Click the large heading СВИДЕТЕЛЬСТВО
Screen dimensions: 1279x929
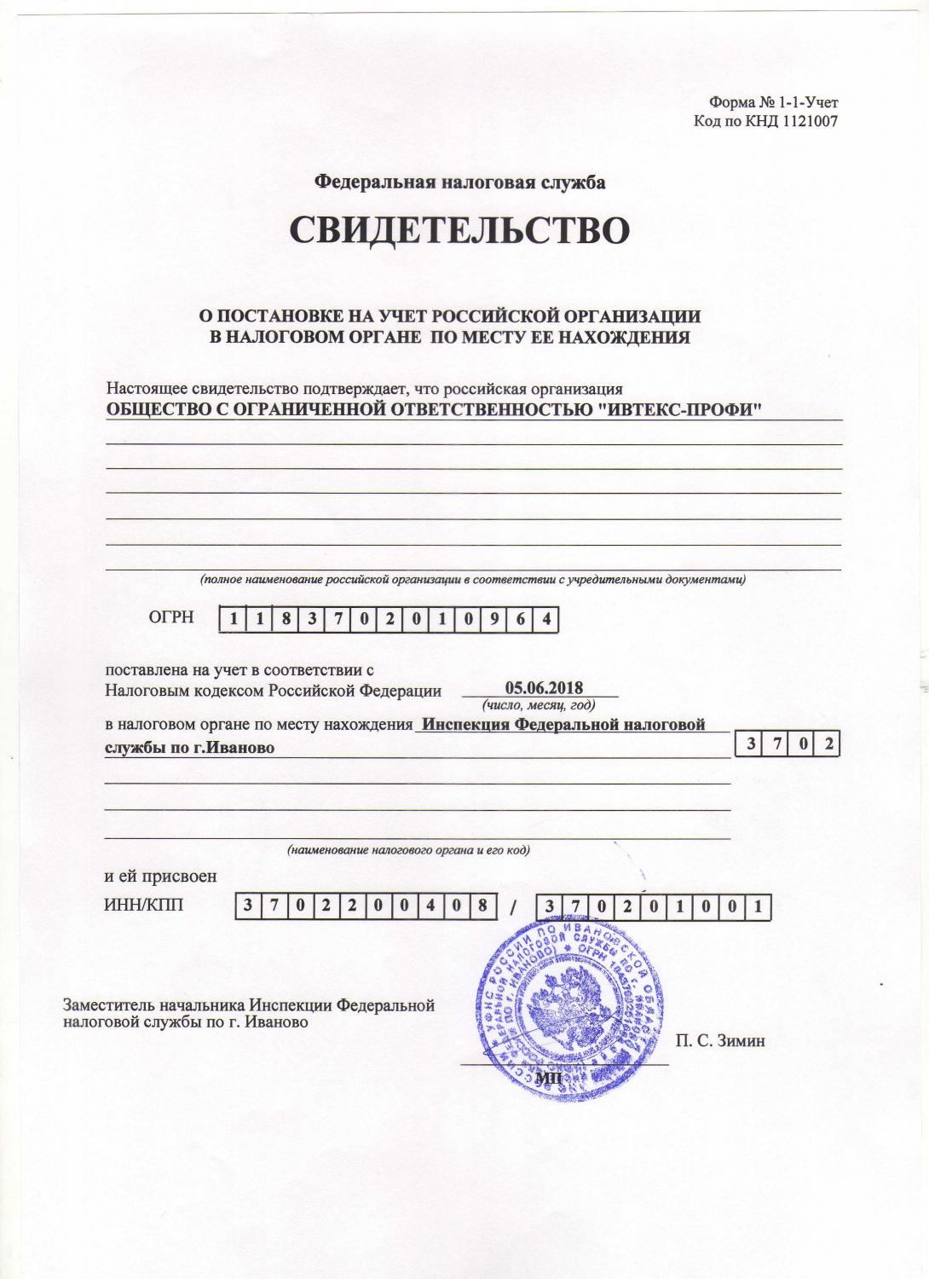tap(460, 230)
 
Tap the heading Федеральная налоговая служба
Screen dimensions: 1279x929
tap(460, 182)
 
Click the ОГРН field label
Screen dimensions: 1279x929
tap(171, 617)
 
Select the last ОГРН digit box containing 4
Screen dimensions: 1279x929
tap(545, 620)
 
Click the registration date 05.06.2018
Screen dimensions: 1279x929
tap(544, 688)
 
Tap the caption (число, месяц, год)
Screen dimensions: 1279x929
tap(539, 705)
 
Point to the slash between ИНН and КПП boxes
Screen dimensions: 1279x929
tap(513, 907)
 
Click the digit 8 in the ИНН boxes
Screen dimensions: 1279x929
tap(482, 906)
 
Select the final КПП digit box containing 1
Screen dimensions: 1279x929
tap(758, 907)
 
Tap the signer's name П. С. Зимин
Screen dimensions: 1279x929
tap(720, 1040)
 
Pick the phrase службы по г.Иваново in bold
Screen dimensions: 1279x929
tap(189, 748)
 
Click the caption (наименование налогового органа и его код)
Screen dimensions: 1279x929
tap(408, 850)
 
